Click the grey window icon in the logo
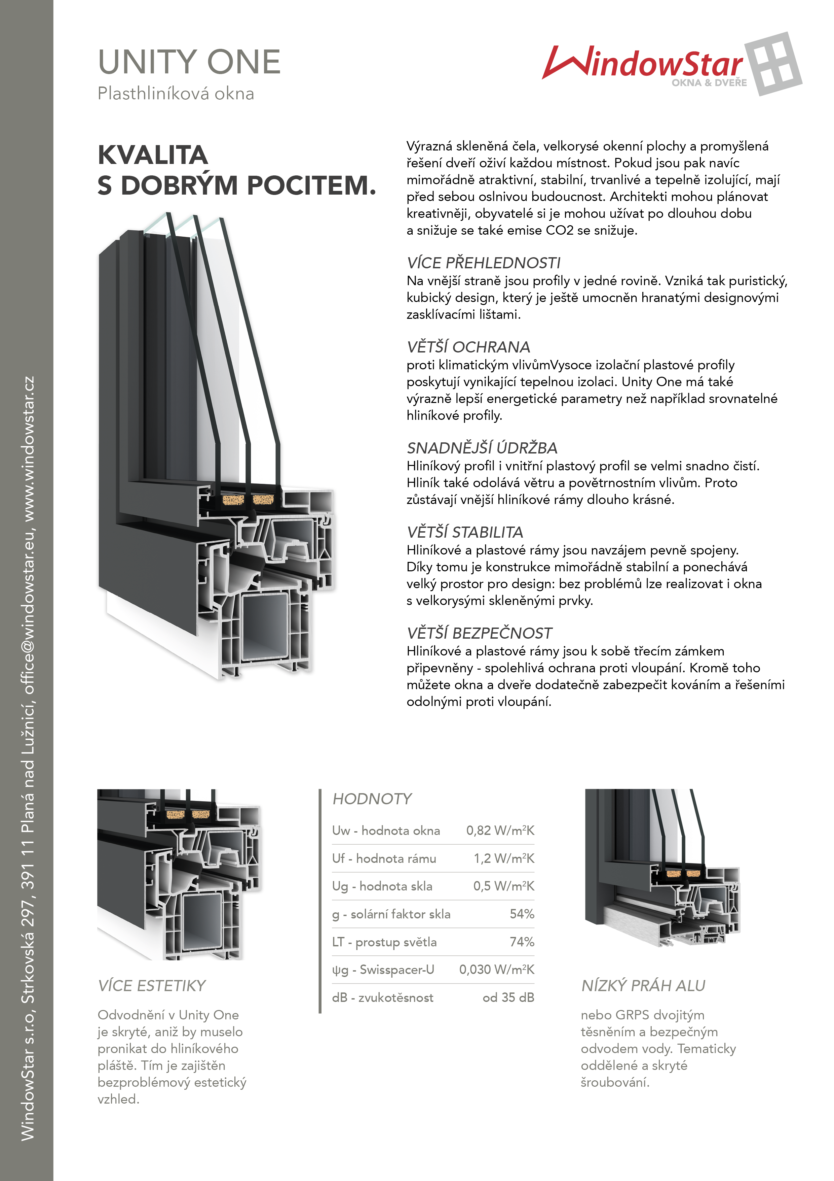click(x=773, y=64)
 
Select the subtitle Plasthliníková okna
click(x=176, y=94)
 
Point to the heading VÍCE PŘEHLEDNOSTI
click(x=484, y=263)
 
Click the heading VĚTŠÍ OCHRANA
click(x=468, y=347)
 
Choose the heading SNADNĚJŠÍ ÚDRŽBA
click(x=482, y=448)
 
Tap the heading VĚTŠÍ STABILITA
click(x=465, y=532)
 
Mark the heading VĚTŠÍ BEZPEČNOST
click(x=480, y=633)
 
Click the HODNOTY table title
click(x=372, y=799)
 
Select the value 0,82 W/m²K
click(x=500, y=831)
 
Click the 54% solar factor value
click(x=522, y=914)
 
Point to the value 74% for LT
click(x=522, y=942)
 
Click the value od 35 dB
click(x=508, y=998)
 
